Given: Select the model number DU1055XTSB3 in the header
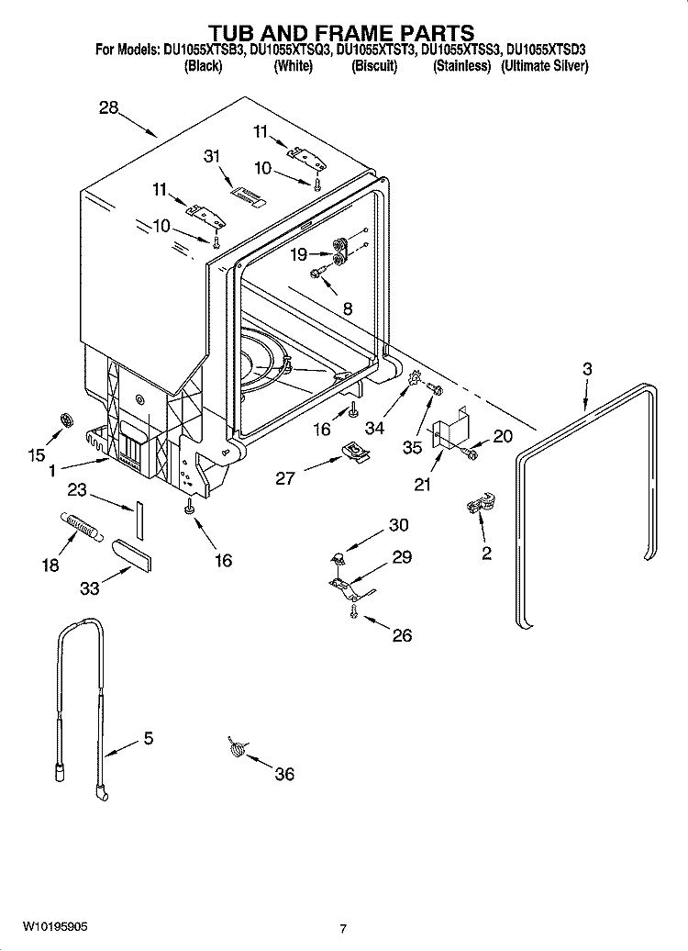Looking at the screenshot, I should click(207, 51).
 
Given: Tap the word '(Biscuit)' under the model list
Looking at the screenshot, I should click(374, 66).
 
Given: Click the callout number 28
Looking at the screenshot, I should click(109, 107).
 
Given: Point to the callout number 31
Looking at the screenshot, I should click(213, 156).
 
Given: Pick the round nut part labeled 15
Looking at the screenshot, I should click(66, 420).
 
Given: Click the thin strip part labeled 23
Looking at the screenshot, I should click(139, 520).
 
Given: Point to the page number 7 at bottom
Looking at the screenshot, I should click(343, 929).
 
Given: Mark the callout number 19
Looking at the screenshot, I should click(299, 255).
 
